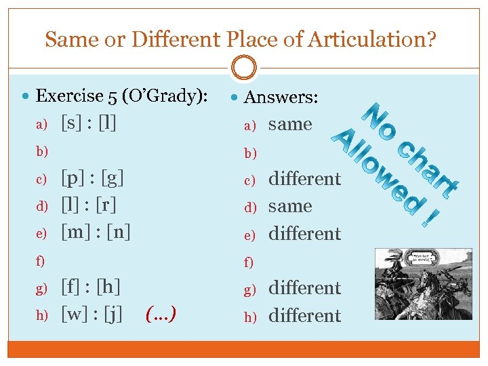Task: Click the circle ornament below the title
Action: click(x=244, y=68)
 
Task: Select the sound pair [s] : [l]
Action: click(x=89, y=123)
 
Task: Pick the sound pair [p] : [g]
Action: click(x=91, y=178)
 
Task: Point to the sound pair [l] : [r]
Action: click(x=89, y=205)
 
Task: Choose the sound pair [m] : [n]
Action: click(x=96, y=232)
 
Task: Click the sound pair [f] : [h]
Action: click(x=91, y=287)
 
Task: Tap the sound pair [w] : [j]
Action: click(x=91, y=314)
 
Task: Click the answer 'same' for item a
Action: click(x=290, y=125)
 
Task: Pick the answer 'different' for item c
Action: click(x=304, y=179)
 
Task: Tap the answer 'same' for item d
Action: click(x=290, y=206)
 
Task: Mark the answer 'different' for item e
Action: click(x=304, y=234)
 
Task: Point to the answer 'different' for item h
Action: click(x=304, y=316)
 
